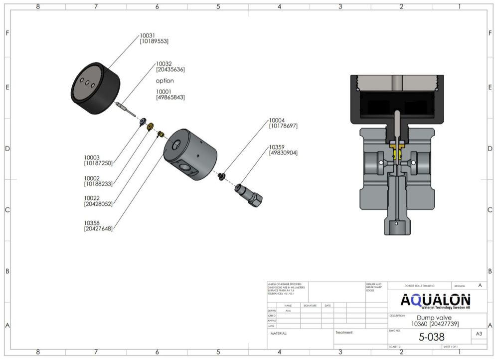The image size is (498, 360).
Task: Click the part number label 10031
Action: pos(148,35)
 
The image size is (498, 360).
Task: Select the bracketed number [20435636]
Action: pos(170,70)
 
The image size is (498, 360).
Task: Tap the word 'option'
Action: pos(165,81)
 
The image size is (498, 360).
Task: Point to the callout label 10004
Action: pos(278,120)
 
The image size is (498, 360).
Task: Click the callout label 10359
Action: pos(278,147)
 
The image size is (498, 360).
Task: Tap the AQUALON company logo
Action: pos(435,301)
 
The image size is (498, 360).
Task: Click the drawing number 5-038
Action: pos(431,337)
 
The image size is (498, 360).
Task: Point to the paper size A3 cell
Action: pos(479,334)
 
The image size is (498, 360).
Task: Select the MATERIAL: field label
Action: pos(279,333)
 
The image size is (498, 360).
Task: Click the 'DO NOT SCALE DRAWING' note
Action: pos(419,286)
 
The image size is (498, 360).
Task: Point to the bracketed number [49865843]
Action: pos(170,98)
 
